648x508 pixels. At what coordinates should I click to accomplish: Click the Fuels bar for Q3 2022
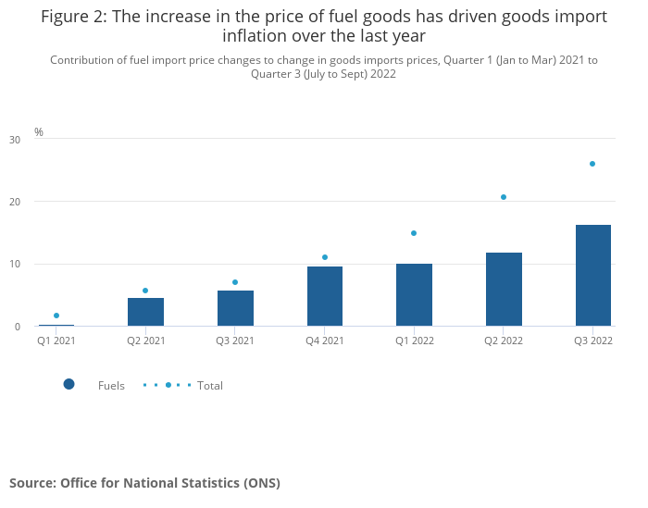[592, 275]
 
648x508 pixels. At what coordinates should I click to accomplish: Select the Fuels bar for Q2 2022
[504, 289]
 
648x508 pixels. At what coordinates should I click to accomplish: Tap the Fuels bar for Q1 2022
[414, 294]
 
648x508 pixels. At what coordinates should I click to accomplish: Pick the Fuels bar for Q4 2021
[325, 296]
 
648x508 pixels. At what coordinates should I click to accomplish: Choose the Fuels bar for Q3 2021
[235, 308]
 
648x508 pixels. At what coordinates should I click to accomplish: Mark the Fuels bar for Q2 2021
[146, 312]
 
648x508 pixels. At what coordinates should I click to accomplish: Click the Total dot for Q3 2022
[592, 164]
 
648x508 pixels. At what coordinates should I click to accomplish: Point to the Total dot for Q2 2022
[504, 197]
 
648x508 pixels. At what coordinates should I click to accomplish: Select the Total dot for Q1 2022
[414, 233]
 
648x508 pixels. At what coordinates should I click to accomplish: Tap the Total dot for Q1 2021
[56, 316]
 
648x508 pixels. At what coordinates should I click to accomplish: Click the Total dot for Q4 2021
[325, 257]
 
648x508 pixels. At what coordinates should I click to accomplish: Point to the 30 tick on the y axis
[15, 140]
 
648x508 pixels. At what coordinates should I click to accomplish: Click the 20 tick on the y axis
[15, 202]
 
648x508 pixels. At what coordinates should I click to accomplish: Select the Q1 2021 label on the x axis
[56, 341]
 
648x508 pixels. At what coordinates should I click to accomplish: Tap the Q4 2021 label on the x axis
[325, 341]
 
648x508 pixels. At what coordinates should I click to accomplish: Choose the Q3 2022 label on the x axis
[592, 341]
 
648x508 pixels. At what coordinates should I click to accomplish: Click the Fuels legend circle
[69, 384]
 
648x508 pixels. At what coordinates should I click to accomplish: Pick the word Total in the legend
[210, 386]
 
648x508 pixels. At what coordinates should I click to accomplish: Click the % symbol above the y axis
[39, 132]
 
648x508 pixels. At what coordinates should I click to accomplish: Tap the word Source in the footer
[31, 483]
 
